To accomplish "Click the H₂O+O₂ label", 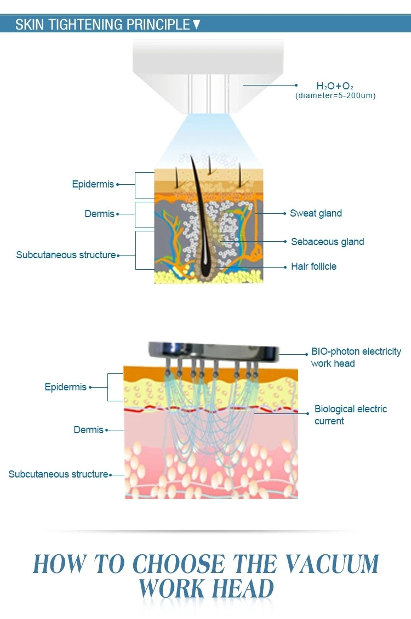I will [335, 86].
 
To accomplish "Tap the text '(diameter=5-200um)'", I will [335, 95].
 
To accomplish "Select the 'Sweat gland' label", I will [316, 213].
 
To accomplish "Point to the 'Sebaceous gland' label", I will [327, 242].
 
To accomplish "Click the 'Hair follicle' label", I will [313, 266].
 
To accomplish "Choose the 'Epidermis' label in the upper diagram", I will [93, 184].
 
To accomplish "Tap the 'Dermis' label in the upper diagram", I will [99, 214].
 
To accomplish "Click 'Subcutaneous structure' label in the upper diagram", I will [66, 255].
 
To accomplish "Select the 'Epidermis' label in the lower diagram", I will [66, 387].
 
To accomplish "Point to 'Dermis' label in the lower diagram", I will [88, 430].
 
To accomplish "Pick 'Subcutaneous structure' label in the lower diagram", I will [58, 474].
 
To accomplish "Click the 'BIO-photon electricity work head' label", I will [356, 357].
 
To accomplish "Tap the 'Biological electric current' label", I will [350, 415].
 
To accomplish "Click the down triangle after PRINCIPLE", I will [197, 25].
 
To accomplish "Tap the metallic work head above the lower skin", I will [214, 351].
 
